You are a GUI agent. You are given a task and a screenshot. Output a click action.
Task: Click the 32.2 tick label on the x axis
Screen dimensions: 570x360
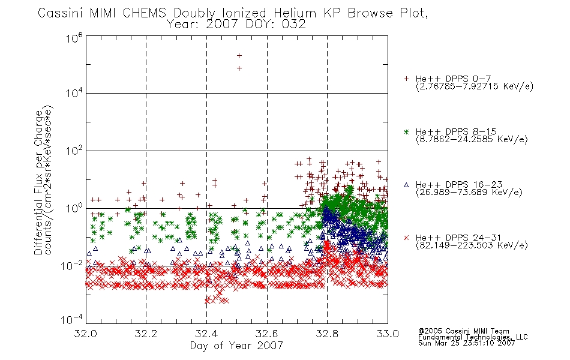[x=146, y=334]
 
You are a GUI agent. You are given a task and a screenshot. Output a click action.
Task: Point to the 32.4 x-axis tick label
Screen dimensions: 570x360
[x=206, y=334]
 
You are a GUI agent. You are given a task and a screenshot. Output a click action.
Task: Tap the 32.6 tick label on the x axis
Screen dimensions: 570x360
[x=267, y=334]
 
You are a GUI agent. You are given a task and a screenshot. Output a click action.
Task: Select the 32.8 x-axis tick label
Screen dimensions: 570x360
[x=327, y=334]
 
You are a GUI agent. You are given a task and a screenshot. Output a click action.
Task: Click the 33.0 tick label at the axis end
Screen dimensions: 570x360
[x=388, y=334]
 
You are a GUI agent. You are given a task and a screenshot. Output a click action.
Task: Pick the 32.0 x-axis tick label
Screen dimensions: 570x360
[x=85, y=334]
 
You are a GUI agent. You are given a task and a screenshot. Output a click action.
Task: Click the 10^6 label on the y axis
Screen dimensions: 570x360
[x=74, y=38]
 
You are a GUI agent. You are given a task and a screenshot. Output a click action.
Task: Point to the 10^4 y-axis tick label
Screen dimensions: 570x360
[x=74, y=94]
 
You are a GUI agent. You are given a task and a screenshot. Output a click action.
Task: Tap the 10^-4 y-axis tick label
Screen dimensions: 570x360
[x=72, y=320]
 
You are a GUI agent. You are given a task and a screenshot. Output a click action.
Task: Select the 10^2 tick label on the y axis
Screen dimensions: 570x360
[x=74, y=151]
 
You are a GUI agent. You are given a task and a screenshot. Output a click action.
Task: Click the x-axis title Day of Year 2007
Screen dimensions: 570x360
[x=236, y=346]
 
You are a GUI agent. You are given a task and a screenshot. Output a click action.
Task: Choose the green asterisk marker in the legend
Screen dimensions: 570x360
[x=406, y=132]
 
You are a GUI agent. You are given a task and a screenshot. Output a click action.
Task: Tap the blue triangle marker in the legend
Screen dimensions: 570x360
[x=406, y=185]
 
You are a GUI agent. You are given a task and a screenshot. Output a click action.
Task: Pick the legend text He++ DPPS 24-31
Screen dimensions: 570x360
[x=458, y=238]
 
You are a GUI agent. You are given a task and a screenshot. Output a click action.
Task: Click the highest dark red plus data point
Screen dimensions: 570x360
[x=239, y=56]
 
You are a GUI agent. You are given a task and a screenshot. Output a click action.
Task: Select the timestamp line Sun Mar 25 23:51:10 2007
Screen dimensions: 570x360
[x=466, y=343]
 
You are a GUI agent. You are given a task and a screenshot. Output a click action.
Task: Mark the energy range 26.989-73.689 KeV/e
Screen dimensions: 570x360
[x=469, y=192]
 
